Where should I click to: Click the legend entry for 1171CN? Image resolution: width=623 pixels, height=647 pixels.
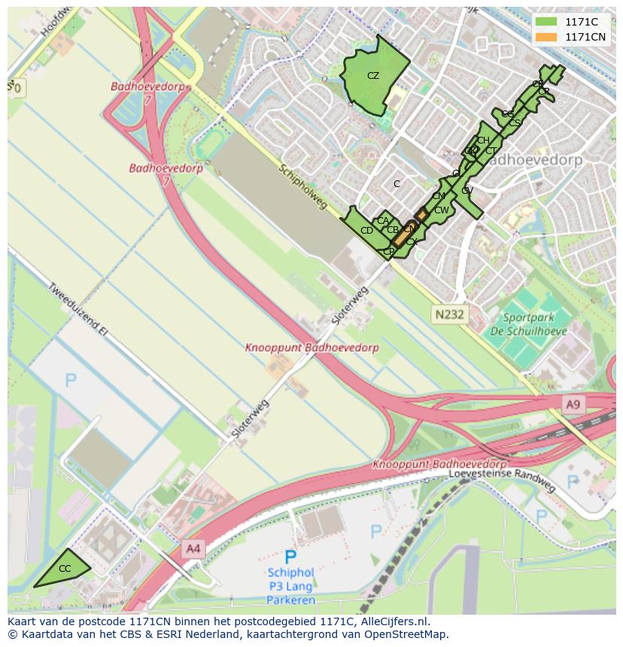coord(585,37)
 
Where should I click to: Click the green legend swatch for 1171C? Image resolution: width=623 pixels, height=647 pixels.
coord(546,22)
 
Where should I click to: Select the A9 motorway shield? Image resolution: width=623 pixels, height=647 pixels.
coord(573,405)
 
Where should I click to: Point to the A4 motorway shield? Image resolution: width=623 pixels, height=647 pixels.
coord(193,549)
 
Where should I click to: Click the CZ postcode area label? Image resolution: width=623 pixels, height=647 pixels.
coord(373,76)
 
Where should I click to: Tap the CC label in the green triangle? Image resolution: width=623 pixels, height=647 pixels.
coord(65,569)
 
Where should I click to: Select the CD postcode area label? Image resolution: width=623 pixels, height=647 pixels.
coord(366,231)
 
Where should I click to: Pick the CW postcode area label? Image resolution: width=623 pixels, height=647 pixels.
coord(441,210)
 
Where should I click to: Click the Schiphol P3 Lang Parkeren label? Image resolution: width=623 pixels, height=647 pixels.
coord(290,586)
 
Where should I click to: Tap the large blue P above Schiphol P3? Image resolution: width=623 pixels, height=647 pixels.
coord(290,557)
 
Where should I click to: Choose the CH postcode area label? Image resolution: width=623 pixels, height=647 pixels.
coord(483,141)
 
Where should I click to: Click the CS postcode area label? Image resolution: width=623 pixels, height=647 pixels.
coord(515,122)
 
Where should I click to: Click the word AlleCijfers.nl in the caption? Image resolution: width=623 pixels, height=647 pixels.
coord(394,621)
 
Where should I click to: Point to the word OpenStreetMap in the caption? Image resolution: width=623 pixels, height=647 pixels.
coord(409,634)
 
